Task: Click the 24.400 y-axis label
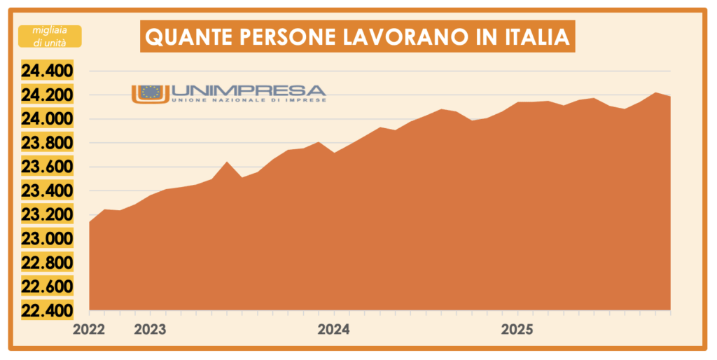coord(47,71)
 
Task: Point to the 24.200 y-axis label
coord(47,95)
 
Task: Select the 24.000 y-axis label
coord(47,119)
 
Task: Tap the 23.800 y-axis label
coord(47,144)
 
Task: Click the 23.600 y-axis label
coord(47,167)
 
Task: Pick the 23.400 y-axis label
coord(47,191)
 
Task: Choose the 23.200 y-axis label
coord(47,215)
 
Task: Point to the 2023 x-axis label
coord(150,329)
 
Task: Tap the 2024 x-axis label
coord(334,329)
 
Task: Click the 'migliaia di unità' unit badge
coord(50,36)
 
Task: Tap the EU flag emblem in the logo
coord(150,92)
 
